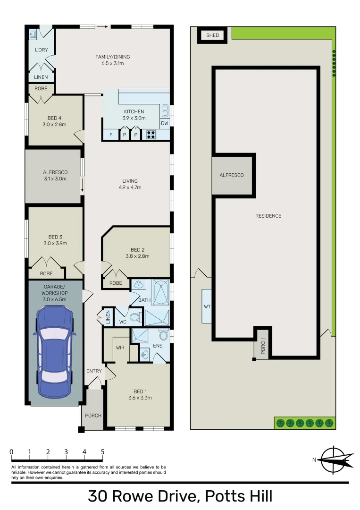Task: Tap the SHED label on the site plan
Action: [212, 35]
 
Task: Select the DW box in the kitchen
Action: [164, 124]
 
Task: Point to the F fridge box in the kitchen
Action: [111, 135]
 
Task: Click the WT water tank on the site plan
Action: [207, 306]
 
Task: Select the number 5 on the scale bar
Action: [102, 452]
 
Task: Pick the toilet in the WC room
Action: [135, 316]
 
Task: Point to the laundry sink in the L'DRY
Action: [33, 34]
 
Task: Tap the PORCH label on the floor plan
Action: [93, 416]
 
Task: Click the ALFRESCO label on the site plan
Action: [232, 175]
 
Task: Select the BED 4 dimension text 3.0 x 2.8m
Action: [55, 125]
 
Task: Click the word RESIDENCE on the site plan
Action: [268, 216]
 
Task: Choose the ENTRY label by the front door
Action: [94, 371]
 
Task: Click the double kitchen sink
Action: [165, 111]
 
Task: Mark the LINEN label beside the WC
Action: [108, 316]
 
